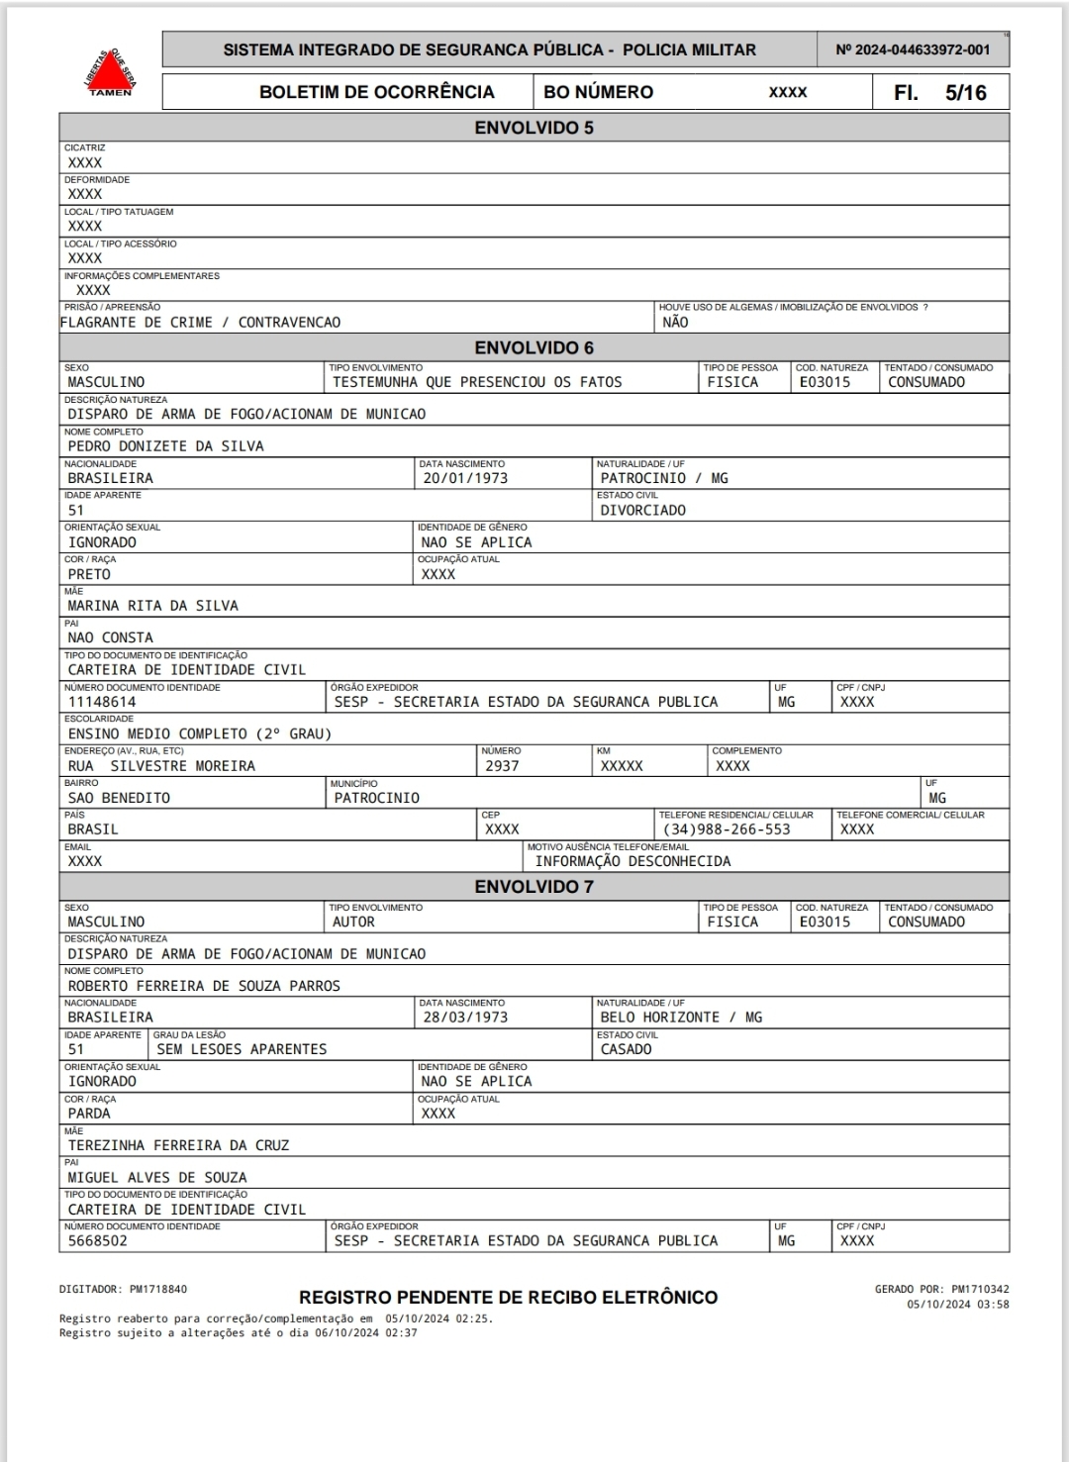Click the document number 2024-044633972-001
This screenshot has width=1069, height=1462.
(x=913, y=49)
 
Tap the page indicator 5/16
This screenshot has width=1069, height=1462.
(x=965, y=93)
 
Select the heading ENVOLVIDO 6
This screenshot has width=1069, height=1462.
(x=534, y=347)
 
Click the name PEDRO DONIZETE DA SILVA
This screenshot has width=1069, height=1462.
(x=165, y=446)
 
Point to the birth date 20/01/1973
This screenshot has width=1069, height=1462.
(x=465, y=478)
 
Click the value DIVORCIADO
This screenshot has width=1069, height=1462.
(x=642, y=511)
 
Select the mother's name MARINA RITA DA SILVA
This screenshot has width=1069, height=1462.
(x=152, y=606)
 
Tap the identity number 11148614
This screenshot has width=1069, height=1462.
(x=102, y=702)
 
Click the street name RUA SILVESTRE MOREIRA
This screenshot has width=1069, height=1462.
(x=161, y=766)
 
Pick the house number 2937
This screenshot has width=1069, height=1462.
(x=502, y=766)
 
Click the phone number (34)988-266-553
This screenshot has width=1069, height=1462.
(x=727, y=829)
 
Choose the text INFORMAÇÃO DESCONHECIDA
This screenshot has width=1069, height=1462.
(x=632, y=861)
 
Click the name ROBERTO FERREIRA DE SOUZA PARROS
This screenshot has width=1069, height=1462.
(x=204, y=986)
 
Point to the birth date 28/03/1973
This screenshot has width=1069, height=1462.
(x=465, y=1018)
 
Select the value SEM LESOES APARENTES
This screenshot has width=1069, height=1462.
(x=242, y=1049)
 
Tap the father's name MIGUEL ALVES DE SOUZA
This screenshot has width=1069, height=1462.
(x=157, y=1178)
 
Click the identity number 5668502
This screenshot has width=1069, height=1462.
(x=97, y=1241)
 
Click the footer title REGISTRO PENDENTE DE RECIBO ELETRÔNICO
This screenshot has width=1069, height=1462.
(x=508, y=1298)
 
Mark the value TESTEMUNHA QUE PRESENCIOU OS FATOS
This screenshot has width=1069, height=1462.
(x=477, y=382)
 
